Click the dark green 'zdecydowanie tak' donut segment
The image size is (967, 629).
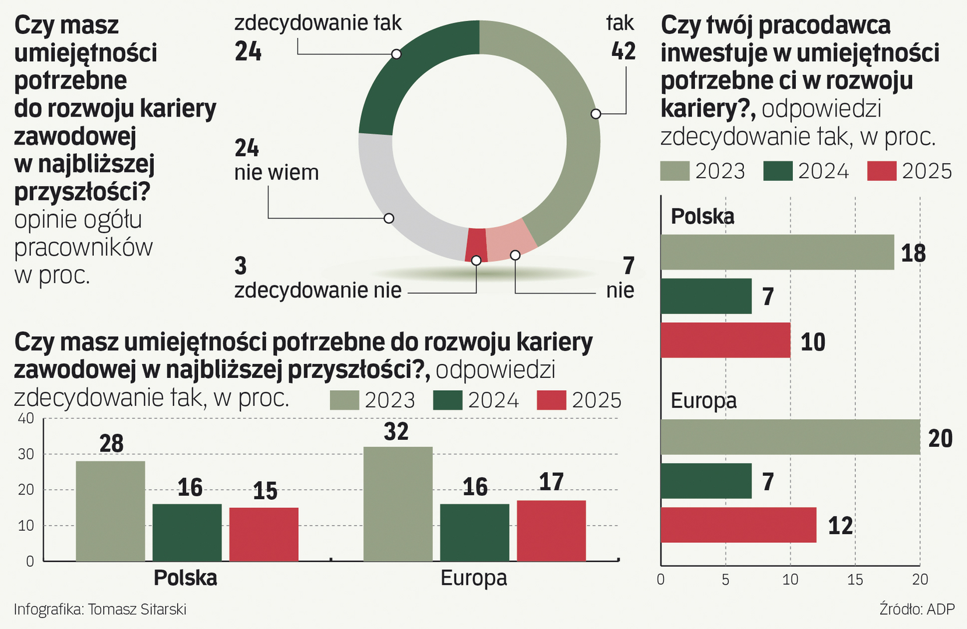pyautogui.click(x=408, y=70)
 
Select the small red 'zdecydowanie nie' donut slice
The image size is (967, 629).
pyautogui.click(x=477, y=243)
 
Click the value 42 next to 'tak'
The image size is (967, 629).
pyautogui.click(x=623, y=51)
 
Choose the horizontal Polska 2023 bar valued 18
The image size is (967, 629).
pyautogui.click(x=777, y=252)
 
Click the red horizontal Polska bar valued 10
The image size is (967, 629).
pyautogui.click(x=725, y=340)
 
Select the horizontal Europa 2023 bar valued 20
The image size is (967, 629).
pyautogui.click(x=790, y=437)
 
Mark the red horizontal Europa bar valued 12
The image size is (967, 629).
pyautogui.click(x=738, y=525)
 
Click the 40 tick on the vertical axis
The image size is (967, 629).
pyautogui.click(x=26, y=418)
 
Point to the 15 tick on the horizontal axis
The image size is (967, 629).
pyautogui.click(x=855, y=579)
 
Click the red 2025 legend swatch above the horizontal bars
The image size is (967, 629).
pyautogui.click(x=881, y=171)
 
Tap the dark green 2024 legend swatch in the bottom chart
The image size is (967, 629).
pyautogui.click(x=447, y=400)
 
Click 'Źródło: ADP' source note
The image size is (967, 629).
pyautogui.click(x=917, y=609)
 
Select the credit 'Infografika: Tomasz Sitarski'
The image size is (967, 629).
pyautogui.click(x=100, y=609)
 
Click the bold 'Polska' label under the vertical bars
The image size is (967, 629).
pyautogui.click(x=185, y=578)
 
